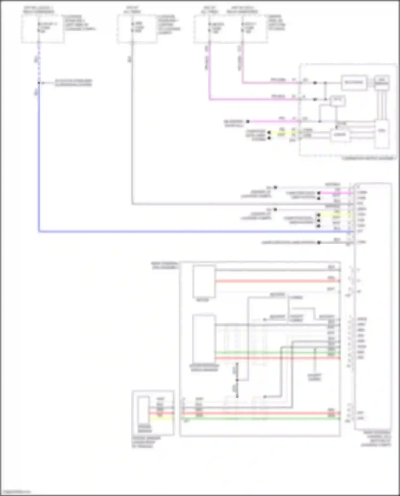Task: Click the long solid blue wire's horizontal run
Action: (x=187, y=231)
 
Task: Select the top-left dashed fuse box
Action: (x=43, y=29)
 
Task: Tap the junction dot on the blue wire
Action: (x=39, y=83)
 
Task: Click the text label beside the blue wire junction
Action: (x=73, y=83)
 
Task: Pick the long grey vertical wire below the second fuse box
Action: (x=132, y=128)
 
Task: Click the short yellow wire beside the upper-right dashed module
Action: (x=283, y=132)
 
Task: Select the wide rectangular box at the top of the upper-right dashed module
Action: (x=354, y=83)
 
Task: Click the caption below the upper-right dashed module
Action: (x=368, y=158)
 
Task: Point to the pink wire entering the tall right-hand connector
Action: (x=336, y=193)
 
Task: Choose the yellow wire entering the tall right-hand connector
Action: (x=336, y=215)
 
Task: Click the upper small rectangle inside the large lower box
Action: (x=204, y=281)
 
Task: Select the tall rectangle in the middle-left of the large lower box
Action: (x=204, y=338)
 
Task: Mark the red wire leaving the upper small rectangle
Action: (x=277, y=281)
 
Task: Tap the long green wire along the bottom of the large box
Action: (x=261, y=419)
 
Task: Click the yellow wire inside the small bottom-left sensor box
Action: (x=161, y=419)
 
